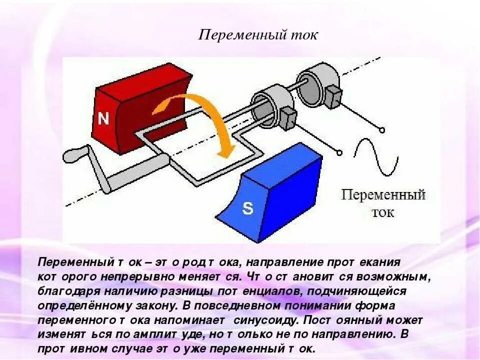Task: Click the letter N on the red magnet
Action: tap(103, 118)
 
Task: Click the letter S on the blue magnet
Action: tap(247, 208)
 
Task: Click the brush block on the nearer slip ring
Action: tap(287, 117)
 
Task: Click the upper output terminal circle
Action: tap(382, 130)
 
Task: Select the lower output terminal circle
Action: tap(340, 152)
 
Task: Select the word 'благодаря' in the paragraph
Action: tap(63, 291)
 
